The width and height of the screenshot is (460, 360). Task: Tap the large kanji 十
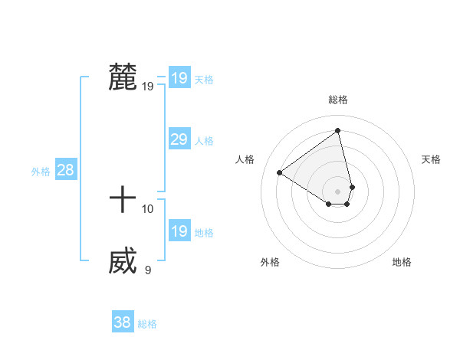click(123, 201)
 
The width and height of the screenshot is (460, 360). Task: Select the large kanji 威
click(123, 262)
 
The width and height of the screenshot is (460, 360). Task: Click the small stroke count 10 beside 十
click(148, 208)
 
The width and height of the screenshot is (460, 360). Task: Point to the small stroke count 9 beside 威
click(148, 270)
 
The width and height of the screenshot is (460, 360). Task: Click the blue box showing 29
click(179, 139)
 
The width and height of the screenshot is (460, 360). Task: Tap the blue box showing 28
click(65, 170)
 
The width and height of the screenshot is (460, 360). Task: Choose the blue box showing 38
click(122, 322)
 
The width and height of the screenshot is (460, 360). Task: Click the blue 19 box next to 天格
click(179, 78)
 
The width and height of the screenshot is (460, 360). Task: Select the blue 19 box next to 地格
click(179, 231)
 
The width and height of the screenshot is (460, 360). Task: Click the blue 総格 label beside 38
click(147, 324)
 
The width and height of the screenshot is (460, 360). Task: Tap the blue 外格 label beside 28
click(41, 172)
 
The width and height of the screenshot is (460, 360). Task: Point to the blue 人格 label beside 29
click(204, 141)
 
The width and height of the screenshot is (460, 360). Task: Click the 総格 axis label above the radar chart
click(338, 100)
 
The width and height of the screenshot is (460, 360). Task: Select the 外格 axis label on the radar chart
click(270, 262)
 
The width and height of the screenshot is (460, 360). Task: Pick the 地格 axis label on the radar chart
click(402, 262)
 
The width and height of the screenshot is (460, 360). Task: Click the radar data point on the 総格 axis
click(338, 130)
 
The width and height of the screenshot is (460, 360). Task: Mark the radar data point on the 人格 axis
click(280, 172)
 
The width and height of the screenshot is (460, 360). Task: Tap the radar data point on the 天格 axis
click(352, 187)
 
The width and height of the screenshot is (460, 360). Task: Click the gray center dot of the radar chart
click(338, 191)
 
